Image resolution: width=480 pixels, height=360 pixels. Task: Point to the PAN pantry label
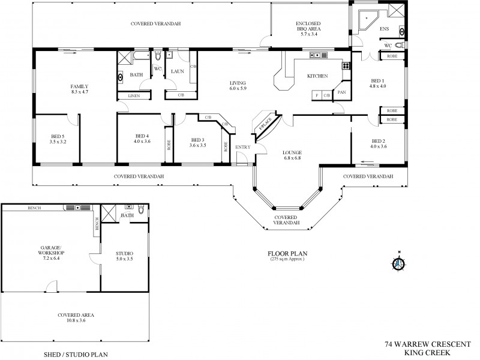click(x=341, y=92)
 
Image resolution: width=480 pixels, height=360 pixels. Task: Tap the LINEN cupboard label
click(x=133, y=96)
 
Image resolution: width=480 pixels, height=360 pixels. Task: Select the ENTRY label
click(x=243, y=147)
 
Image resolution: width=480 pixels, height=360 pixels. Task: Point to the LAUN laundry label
click(x=177, y=71)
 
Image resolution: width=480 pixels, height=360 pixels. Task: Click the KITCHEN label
click(x=317, y=76)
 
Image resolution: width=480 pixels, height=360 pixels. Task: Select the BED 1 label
click(x=377, y=80)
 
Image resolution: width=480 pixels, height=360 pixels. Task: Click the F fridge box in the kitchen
click(x=316, y=95)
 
